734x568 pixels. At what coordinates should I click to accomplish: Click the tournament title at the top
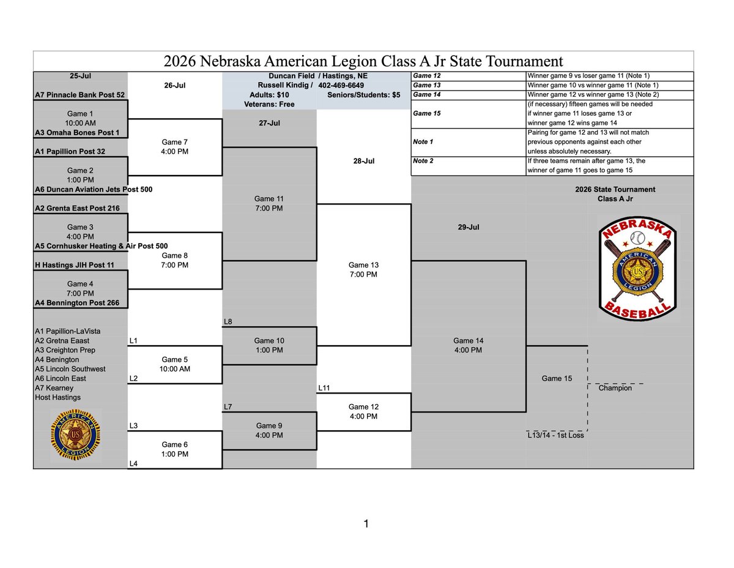pyautogui.click(x=363, y=61)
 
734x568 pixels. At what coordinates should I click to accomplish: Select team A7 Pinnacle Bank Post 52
pyautogui.click(x=80, y=95)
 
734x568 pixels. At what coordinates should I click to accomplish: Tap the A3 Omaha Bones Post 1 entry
pyautogui.click(x=77, y=132)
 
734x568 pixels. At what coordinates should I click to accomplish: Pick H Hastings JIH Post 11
pyautogui.click(x=74, y=265)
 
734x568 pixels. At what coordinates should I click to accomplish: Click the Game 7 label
pyautogui.click(x=174, y=142)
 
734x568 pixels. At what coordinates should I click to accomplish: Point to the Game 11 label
pyautogui.click(x=269, y=199)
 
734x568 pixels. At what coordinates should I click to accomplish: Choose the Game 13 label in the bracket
pyautogui.click(x=363, y=265)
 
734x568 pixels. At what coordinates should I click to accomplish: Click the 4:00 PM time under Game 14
pyautogui.click(x=468, y=350)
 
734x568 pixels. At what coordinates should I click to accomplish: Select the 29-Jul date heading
pyautogui.click(x=468, y=227)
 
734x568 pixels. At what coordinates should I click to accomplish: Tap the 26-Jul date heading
pyautogui.click(x=175, y=85)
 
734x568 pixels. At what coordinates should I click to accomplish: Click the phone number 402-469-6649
pyautogui.click(x=341, y=85)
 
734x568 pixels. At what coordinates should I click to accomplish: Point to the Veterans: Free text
pyautogui.click(x=269, y=104)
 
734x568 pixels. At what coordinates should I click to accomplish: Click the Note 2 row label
pyautogui.click(x=423, y=161)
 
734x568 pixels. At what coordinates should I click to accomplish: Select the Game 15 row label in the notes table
pyautogui.click(x=426, y=113)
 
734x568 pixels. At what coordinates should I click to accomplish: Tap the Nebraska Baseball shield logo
pyautogui.click(x=637, y=269)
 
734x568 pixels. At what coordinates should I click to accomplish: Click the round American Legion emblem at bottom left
pyautogui.click(x=76, y=435)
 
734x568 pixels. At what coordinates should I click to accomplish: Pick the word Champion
pyautogui.click(x=615, y=388)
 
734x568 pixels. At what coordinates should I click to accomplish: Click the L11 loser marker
pyautogui.click(x=324, y=388)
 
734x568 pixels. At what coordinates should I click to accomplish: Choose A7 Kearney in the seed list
pyautogui.click(x=54, y=388)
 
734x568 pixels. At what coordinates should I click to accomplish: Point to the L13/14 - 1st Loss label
pyautogui.click(x=555, y=435)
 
